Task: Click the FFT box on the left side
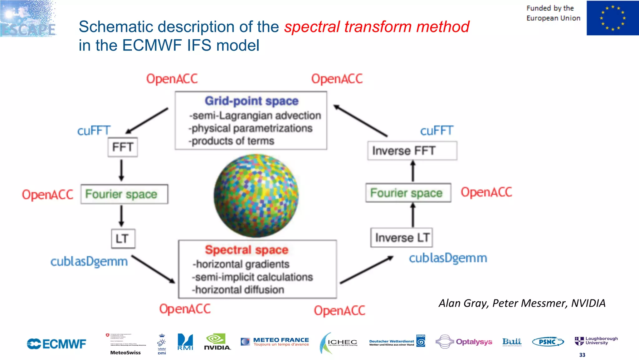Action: point(123,147)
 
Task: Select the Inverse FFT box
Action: point(412,151)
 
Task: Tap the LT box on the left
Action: point(123,239)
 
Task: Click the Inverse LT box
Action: point(402,238)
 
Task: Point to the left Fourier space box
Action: point(124,194)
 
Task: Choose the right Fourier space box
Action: point(408,193)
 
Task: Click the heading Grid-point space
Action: point(251,101)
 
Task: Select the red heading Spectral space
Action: point(246,250)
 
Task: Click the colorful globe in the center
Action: point(256,195)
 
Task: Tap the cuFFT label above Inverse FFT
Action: point(437,131)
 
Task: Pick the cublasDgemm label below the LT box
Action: point(89,261)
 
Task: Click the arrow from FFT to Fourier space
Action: point(121,170)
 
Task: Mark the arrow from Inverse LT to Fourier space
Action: point(413,215)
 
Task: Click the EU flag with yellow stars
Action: point(612,18)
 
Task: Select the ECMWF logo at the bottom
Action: point(56,344)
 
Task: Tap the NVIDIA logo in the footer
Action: point(217,342)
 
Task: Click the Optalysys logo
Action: point(464,342)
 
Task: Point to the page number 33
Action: point(582,355)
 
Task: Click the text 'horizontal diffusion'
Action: point(239,290)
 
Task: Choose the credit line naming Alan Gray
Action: point(522,303)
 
